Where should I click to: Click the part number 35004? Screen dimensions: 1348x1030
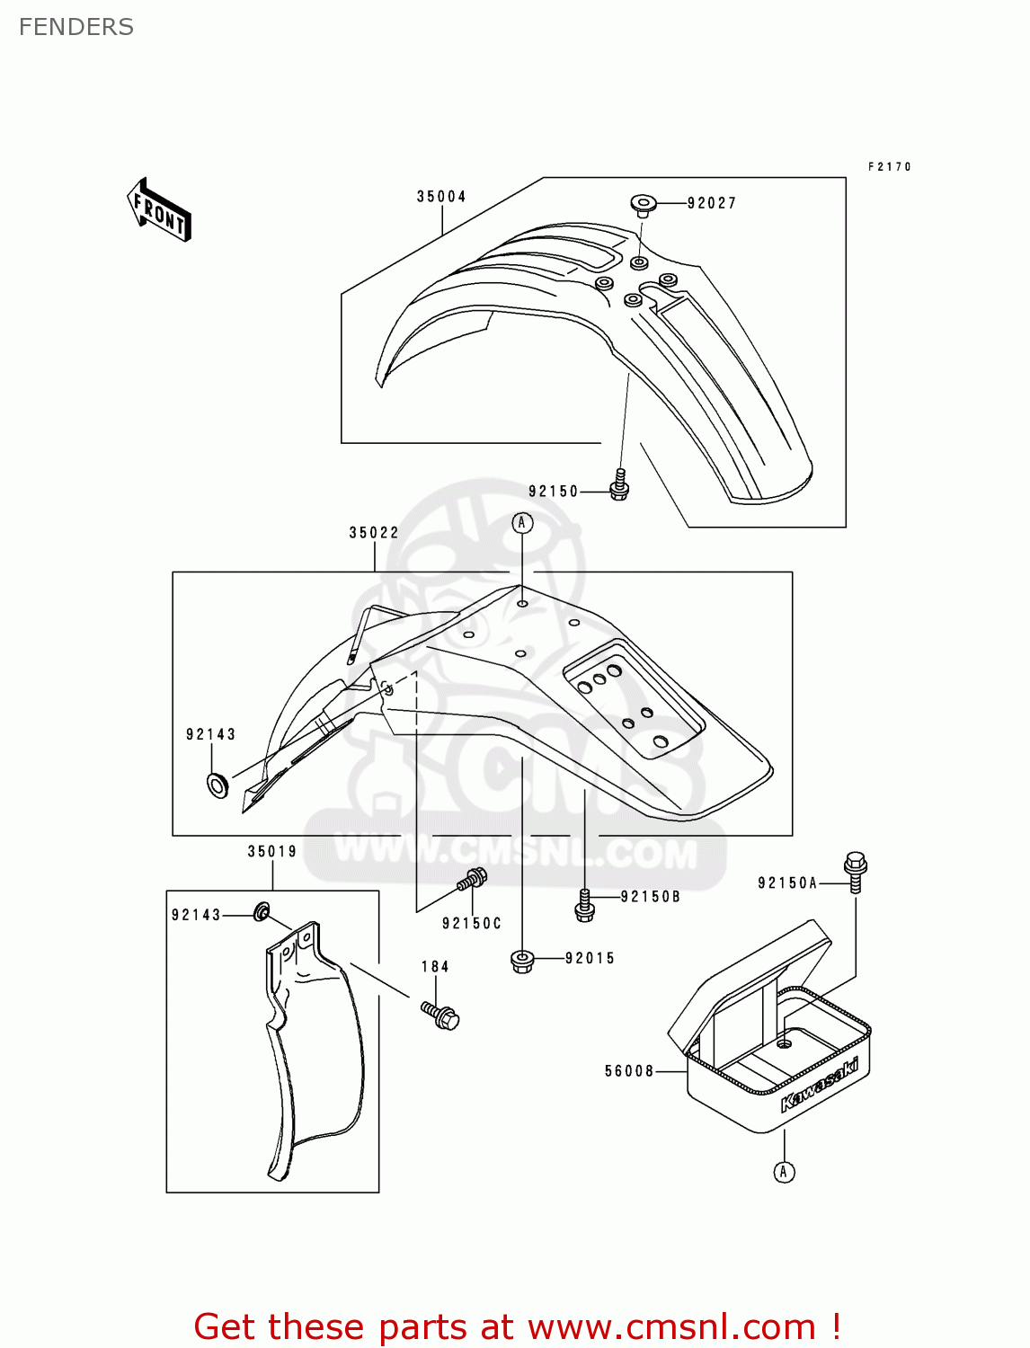click(x=441, y=197)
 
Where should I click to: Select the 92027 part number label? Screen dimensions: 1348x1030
click(x=712, y=204)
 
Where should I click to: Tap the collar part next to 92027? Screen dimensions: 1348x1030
click(x=642, y=205)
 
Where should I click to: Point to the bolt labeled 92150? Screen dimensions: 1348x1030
click(x=618, y=485)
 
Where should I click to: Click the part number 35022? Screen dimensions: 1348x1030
click(x=374, y=533)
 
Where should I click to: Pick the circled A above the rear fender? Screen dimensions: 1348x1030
click(x=522, y=523)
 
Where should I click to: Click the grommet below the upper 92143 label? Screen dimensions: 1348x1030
click(x=218, y=785)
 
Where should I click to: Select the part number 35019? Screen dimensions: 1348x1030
click(x=272, y=852)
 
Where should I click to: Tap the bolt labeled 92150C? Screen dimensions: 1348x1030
click(x=472, y=879)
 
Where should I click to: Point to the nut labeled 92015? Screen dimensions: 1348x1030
click(x=522, y=961)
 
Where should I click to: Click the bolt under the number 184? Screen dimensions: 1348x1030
click(x=440, y=1015)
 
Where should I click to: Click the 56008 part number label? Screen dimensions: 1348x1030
click(x=629, y=1071)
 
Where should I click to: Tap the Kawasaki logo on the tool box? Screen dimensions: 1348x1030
click(x=820, y=1085)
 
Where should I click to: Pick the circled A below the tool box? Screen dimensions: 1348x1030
click(x=784, y=1172)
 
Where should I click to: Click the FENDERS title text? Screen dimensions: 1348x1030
click(x=76, y=27)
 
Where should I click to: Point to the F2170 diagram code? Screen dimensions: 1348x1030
click(x=890, y=167)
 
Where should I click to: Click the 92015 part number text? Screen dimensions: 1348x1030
click(x=590, y=959)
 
